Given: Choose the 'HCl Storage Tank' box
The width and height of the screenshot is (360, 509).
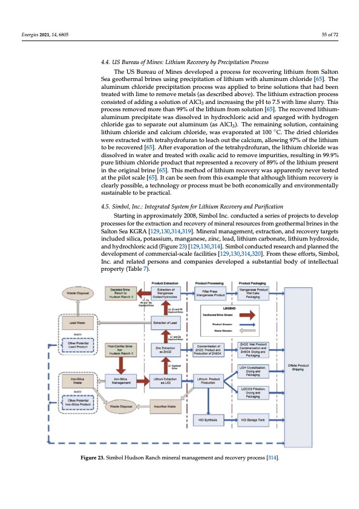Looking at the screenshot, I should pyautogui.click(x=254, y=436).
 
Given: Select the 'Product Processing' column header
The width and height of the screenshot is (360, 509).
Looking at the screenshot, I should pyautogui.click(x=209, y=282).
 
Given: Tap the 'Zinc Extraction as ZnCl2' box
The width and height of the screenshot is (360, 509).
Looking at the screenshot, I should pyautogui.click(x=165, y=366).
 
